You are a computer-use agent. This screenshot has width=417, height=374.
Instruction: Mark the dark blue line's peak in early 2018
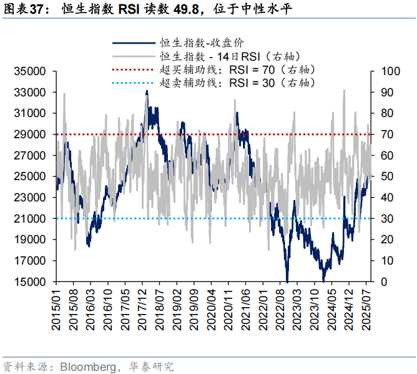point(147,91)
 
